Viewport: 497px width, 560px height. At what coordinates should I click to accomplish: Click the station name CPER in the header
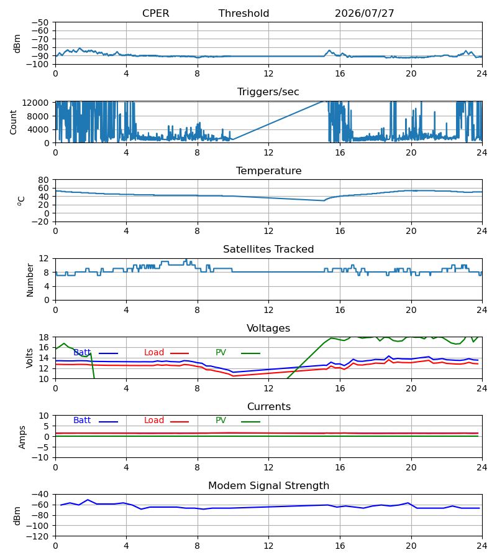155,13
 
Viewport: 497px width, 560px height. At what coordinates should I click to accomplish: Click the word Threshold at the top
244,13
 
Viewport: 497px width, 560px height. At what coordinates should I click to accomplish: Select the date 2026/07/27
365,13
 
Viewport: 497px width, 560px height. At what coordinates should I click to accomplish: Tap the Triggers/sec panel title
268,92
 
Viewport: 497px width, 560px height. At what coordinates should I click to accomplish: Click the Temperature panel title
268,170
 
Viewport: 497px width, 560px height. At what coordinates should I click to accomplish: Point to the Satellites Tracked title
268,250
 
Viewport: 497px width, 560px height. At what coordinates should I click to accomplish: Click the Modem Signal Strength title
268,486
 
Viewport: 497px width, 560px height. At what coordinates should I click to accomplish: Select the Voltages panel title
268,328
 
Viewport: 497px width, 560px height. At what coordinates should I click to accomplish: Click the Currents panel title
269,407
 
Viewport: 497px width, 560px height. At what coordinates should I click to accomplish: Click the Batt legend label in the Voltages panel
82,353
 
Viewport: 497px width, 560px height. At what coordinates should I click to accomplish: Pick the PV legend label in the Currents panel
221,421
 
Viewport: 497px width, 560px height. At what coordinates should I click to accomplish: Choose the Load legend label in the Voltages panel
154,353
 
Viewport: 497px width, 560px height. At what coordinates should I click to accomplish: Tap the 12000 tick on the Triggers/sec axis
35,103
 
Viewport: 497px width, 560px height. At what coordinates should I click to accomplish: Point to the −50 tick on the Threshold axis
40,22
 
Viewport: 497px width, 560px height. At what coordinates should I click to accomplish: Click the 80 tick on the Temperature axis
43,180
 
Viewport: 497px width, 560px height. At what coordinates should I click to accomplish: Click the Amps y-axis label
22,437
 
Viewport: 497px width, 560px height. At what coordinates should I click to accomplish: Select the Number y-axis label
30,280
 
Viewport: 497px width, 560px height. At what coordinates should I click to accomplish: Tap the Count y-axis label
14,122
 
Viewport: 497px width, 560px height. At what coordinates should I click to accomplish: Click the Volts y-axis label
30,358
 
